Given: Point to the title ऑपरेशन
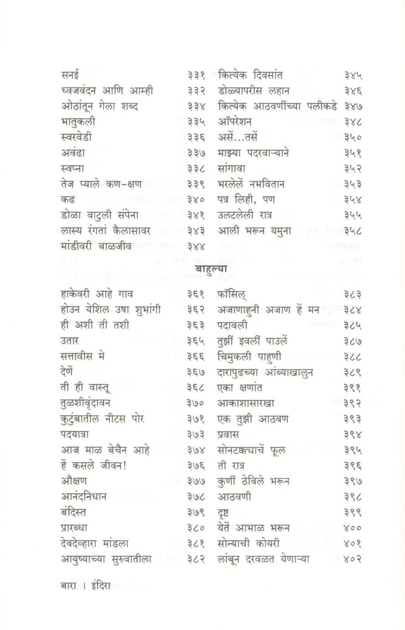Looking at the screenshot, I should click(235, 122).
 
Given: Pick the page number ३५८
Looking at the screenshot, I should click(353, 231).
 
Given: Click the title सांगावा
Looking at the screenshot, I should click(232, 169).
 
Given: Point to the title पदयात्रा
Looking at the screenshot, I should click(74, 434).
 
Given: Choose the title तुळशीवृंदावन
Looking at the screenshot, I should click(85, 403).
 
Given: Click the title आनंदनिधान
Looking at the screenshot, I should click(83, 496).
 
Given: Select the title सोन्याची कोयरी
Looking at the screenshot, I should click(249, 543).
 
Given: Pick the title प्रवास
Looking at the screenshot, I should click(228, 434).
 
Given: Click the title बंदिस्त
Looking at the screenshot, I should click(73, 512).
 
